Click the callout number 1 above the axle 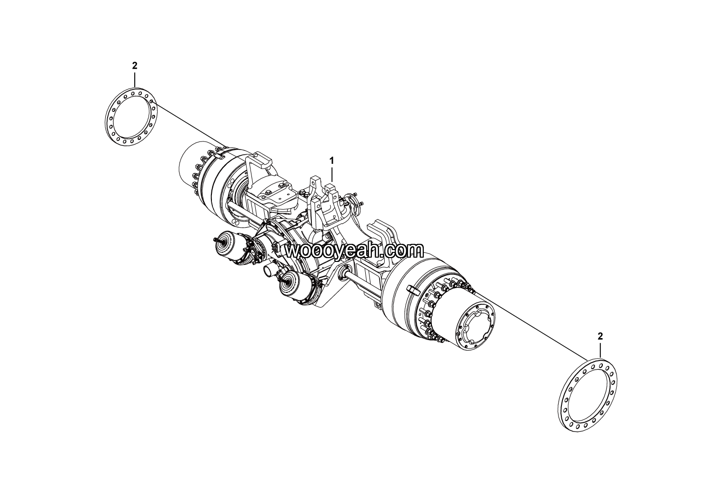332,161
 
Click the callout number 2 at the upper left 135,66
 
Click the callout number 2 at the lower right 600,336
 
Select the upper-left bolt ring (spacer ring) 131,117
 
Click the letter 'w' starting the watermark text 292,251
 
